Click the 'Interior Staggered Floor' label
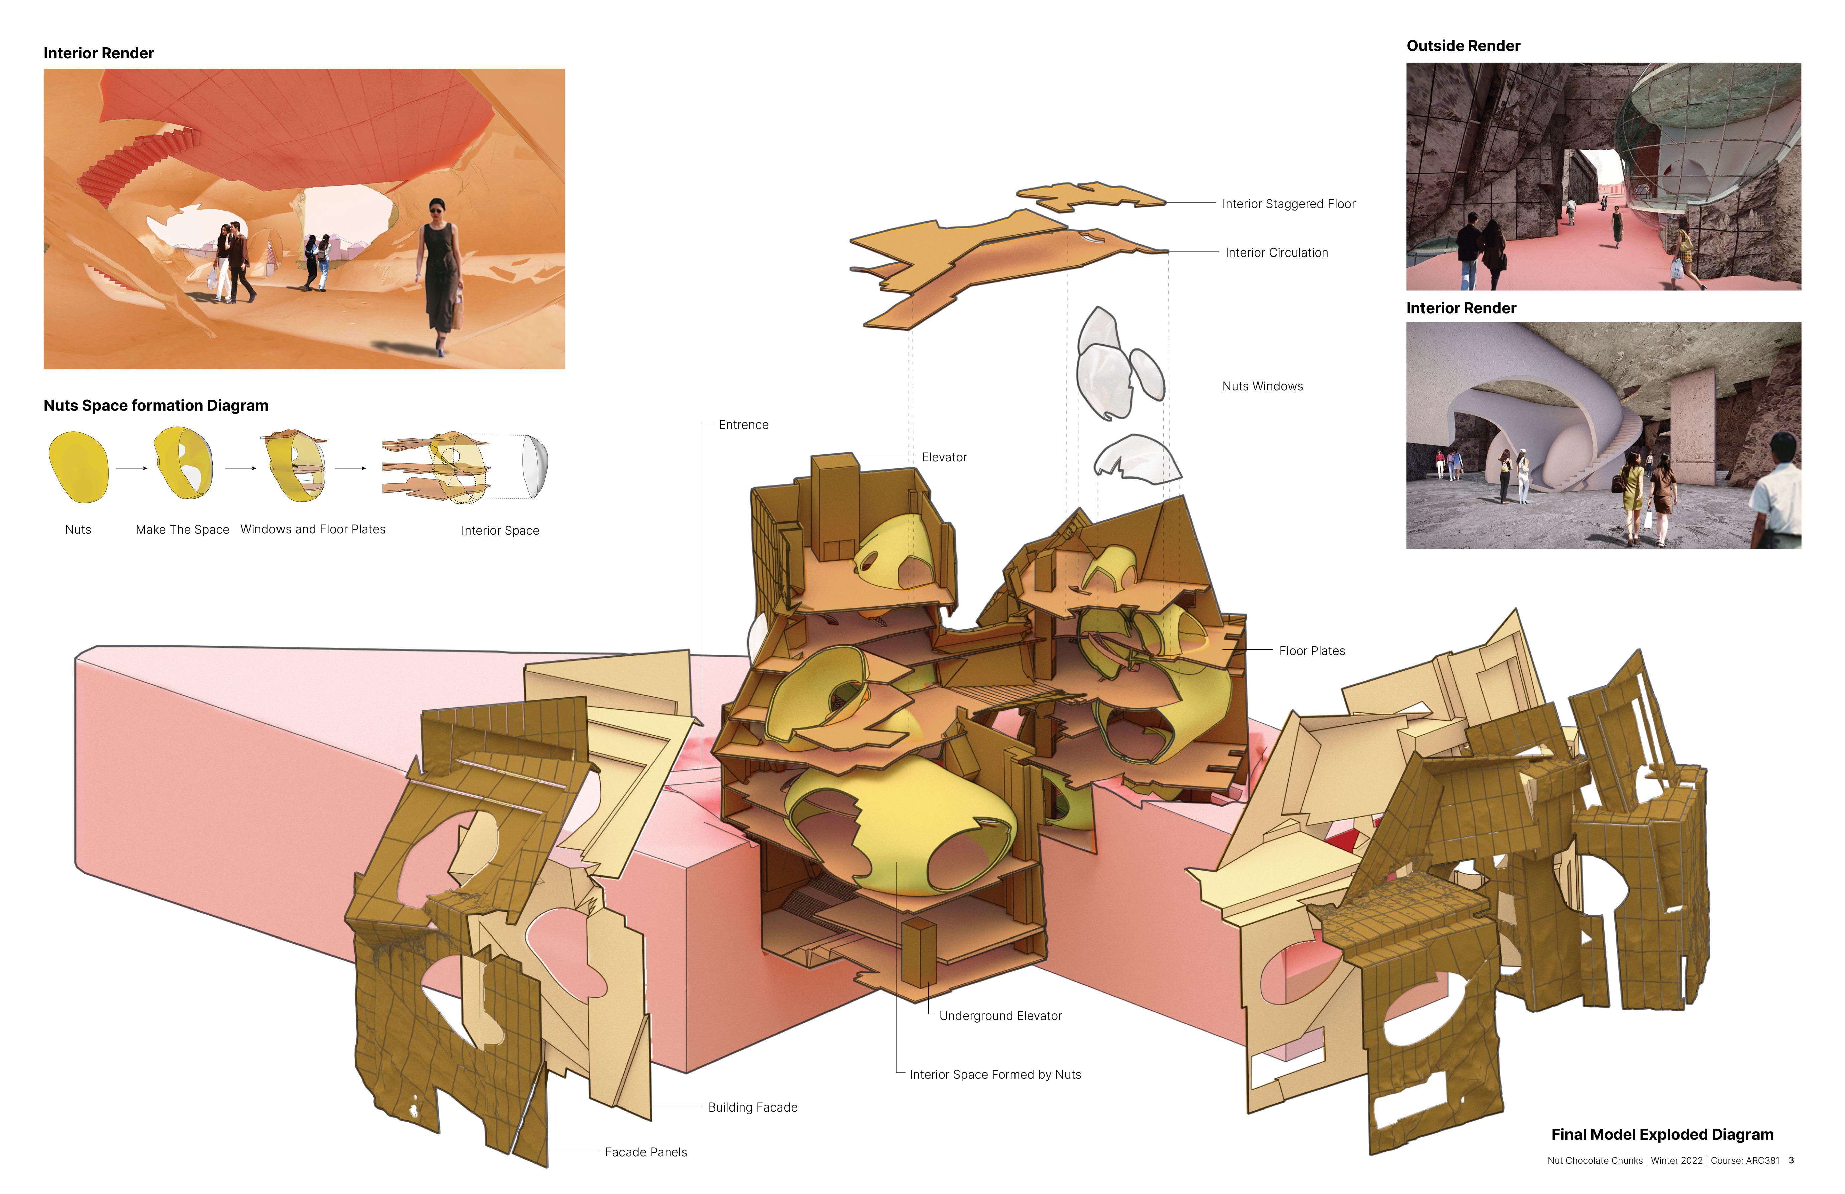click(1288, 204)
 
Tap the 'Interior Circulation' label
click(1276, 253)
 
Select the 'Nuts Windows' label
click(1262, 386)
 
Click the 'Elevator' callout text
click(943, 458)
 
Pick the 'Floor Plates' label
click(1312, 651)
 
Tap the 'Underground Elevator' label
click(1000, 1016)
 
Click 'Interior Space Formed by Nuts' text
click(994, 1075)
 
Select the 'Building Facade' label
click(752, 1107)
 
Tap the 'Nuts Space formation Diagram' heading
click(156, 405)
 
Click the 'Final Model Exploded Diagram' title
click(1662, 1134)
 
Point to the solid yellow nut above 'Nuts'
click(78, 467)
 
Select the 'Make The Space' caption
click(182, 530)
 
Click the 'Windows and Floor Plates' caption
click(313, 530)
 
